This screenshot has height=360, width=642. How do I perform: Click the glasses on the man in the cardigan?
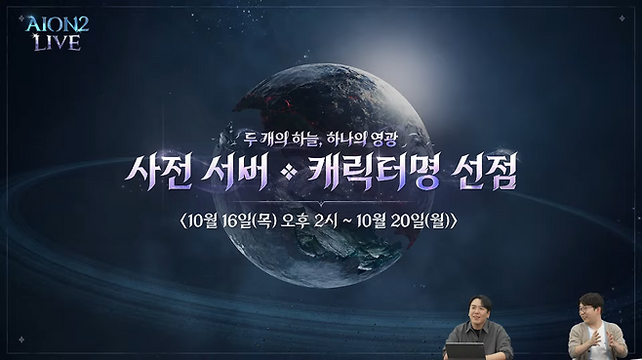[x=588, y=306]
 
